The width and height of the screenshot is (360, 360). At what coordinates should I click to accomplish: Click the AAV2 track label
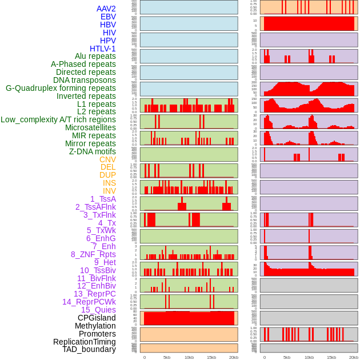pyautogui.click(x=106, y=9)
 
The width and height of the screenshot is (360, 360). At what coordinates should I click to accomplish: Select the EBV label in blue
pyautogui.click(x=108, y=17)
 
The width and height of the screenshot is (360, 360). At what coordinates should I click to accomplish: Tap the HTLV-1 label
pyautogui.click(x=103, y=49)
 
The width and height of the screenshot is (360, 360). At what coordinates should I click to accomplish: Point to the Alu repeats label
pyautogui.click(x=95, y=56)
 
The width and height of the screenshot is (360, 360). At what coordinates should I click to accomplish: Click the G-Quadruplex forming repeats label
pyautogui.click(x=61, y=88)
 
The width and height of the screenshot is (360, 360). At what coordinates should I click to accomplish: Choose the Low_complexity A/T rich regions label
pyautogui.click(x=58, y=119)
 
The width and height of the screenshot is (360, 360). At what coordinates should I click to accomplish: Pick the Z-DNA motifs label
pyautogui.click(x=93, y=151)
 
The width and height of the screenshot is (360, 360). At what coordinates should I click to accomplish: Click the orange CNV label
pyautogui.click(x=107, y=159)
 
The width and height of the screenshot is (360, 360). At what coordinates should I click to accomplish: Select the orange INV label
pyautogui.click(x=109, y=191)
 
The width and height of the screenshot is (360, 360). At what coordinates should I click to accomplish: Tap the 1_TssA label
pyautogui.click(x=103, y=199)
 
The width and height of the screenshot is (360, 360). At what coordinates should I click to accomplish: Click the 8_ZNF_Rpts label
pyautogui.click(x=93, y=254)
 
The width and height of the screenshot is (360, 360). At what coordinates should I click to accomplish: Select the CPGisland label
pyautogui.click(x=97, y=318)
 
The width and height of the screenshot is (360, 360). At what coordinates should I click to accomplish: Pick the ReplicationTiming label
pyautogui.click(x=85, y=342)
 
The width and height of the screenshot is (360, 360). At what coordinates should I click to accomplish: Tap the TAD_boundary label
pyautogui.click(x=89, y=349)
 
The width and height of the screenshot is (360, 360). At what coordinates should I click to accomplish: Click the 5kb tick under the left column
pyautogui.click(x=167, y=357)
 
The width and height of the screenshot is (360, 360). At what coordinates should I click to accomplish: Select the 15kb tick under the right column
pyautogui.click(x=331, y=357)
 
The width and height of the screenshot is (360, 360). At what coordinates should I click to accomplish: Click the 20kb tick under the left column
pyautogui.click(x=234, y=357)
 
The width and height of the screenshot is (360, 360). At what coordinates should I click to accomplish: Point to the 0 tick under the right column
pyautogui.click(x=265, y=357)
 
